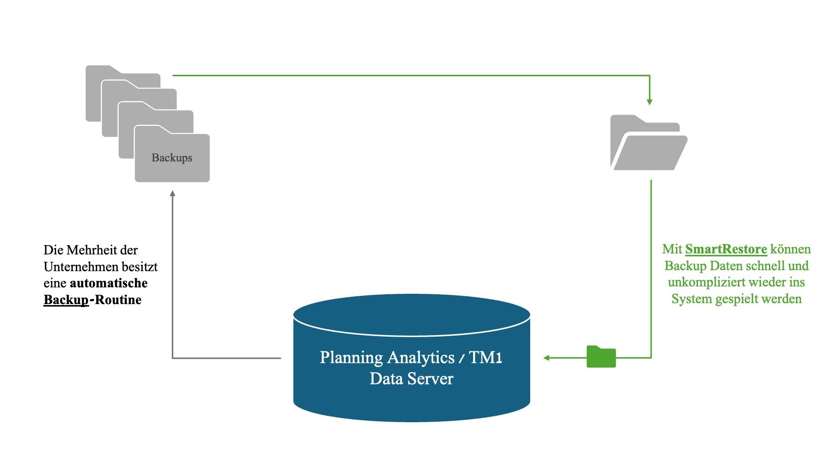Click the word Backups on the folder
click(172, 158)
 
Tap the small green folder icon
click(601, 357)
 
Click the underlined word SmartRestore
click(726, 249)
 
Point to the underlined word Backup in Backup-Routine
click(66, 300)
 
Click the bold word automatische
click(109, 283)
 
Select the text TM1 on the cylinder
click(485, 358)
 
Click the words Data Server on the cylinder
click(411, 379)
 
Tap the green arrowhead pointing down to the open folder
click(649, 102)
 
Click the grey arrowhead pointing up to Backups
click(172, 194)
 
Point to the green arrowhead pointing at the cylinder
click(546, 358)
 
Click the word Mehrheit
click(92, 250)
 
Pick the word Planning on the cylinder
click(351, 358)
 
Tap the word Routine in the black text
click(118, 300)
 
